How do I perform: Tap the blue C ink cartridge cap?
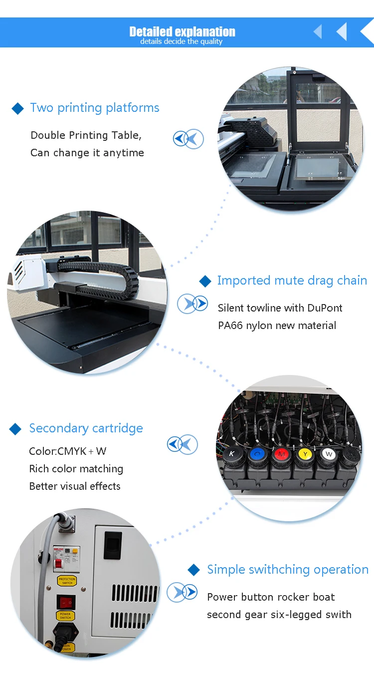256,454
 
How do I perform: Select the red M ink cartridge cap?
281,454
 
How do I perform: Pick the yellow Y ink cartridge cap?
304,454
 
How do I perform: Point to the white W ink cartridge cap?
328,454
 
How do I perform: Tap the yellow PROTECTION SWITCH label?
67,581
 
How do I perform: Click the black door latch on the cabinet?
113,545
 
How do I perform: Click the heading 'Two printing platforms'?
95,108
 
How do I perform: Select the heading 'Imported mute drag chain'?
292,281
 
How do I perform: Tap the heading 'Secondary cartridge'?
86,428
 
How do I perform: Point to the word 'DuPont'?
325,308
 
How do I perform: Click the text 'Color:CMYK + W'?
68,451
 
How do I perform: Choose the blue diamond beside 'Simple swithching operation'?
193,570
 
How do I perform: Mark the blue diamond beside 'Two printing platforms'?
18,108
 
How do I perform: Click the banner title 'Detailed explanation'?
182,32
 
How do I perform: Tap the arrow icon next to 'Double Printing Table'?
188,138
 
